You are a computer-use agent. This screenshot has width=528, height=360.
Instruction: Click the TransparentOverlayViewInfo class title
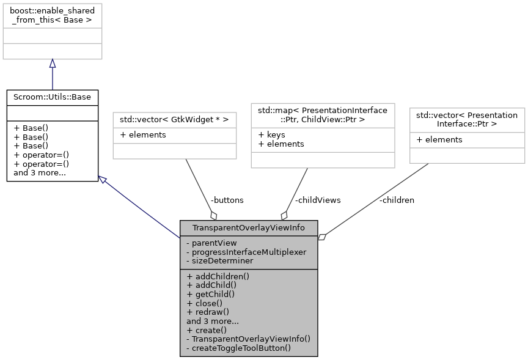248,228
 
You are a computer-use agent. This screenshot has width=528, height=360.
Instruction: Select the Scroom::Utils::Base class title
52,97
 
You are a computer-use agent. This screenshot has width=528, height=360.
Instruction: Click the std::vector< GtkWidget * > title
175,119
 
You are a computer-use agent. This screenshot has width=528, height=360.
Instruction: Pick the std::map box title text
323,114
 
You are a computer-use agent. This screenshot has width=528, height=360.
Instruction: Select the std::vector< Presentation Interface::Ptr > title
466,119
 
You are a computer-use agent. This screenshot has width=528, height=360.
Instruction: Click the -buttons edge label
227,200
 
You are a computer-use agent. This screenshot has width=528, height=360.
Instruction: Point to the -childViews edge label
318,200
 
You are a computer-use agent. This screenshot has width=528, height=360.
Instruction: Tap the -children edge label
396,200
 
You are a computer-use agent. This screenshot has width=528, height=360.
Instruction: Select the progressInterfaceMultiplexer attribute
246,252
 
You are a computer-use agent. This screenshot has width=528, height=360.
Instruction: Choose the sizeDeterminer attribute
219,260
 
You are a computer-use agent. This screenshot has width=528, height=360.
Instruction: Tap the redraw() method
208,311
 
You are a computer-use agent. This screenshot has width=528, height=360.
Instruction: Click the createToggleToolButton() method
238,347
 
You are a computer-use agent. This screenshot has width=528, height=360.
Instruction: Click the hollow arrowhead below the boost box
52,64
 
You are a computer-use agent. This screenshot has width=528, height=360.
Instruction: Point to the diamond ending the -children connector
322,237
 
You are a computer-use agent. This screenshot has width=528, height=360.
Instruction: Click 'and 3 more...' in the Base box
40,172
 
